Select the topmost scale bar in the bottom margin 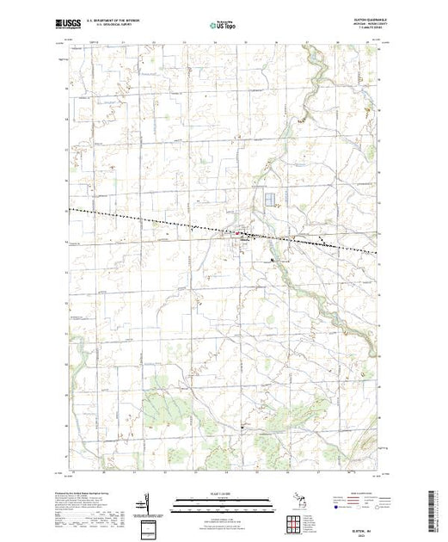222,498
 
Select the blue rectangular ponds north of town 273,200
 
